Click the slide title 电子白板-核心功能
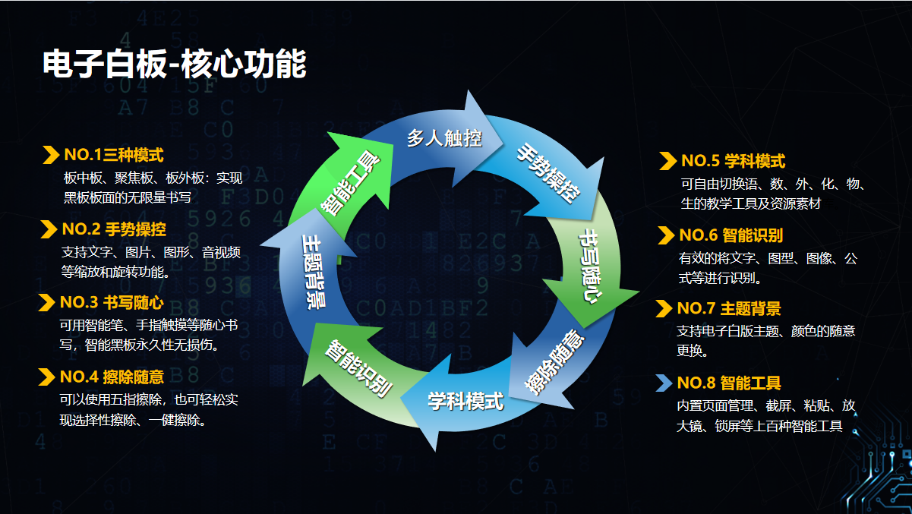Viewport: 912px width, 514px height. click(174, 64)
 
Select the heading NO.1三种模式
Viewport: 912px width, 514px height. click(114, 155)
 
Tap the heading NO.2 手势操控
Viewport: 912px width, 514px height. click(114, 229)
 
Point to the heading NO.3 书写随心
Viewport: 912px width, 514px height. click(112, 302)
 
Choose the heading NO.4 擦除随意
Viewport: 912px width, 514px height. click(112, 377)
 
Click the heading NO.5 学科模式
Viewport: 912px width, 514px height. click(734, 161)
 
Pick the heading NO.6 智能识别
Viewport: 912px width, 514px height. click(731, 235)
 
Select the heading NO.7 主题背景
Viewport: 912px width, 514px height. click(729, 308)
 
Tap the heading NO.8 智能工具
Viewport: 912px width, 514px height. click(729, 383)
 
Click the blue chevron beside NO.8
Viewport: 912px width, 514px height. click(664, 383)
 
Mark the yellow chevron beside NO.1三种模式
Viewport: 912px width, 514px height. click(52, 155)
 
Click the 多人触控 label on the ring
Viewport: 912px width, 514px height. click(444, 138)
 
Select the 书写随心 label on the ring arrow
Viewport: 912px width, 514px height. click(591, 266)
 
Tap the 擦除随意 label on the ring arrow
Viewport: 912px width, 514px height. click(555, 362)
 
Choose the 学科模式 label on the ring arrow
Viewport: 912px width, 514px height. click(465, 402)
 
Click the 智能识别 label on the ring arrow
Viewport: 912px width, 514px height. click(358, 368)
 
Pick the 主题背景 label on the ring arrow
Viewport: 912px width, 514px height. click(314, 272)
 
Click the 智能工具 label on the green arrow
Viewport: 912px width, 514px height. click(350, 183)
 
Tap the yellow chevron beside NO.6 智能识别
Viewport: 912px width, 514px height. click(666, 235)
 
